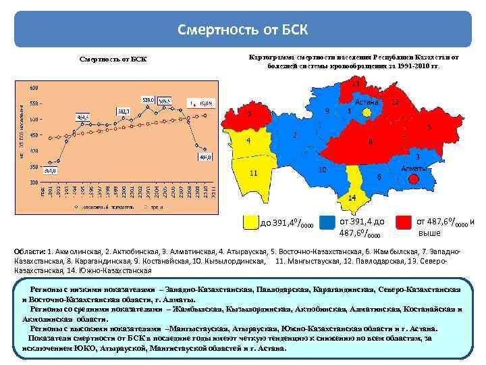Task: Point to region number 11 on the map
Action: point(253,173)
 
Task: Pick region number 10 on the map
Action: point(323,169)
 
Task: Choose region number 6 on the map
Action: point(379,176)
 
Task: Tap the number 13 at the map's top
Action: point(355,84)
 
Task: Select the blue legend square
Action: point(328,222)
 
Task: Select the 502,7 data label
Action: point(124,110)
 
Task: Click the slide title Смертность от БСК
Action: point(242,30)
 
